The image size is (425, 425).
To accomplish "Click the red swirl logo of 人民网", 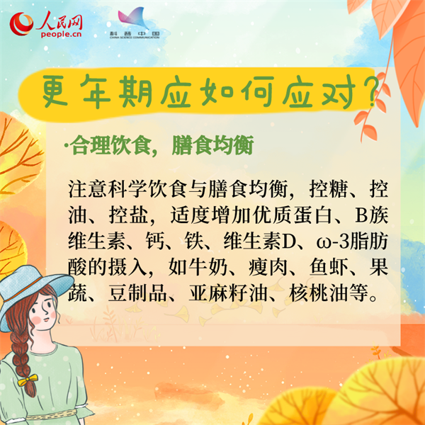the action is (x=21, y=24).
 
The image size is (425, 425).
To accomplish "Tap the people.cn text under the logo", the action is (x=61, y=34).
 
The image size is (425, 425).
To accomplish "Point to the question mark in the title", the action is (x=370, y=91).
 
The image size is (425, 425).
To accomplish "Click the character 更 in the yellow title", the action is (x=55, y=92).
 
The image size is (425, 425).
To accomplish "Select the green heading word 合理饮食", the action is (x=110, y=145).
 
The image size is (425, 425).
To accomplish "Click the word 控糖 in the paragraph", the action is (x=328, y=189).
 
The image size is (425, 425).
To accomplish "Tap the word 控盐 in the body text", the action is (x=128, y=215).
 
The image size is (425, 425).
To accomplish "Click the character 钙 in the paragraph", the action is (x=154, y=241).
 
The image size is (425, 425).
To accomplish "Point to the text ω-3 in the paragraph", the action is (x=333, y=242).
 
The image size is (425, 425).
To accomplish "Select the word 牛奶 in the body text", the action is (x=198, y=267).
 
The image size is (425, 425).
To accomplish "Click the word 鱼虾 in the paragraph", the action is (x=328, y=267).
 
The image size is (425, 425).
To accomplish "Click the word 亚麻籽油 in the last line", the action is (x=228, y=293).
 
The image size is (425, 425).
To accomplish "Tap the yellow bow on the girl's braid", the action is (x=28, y=380).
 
